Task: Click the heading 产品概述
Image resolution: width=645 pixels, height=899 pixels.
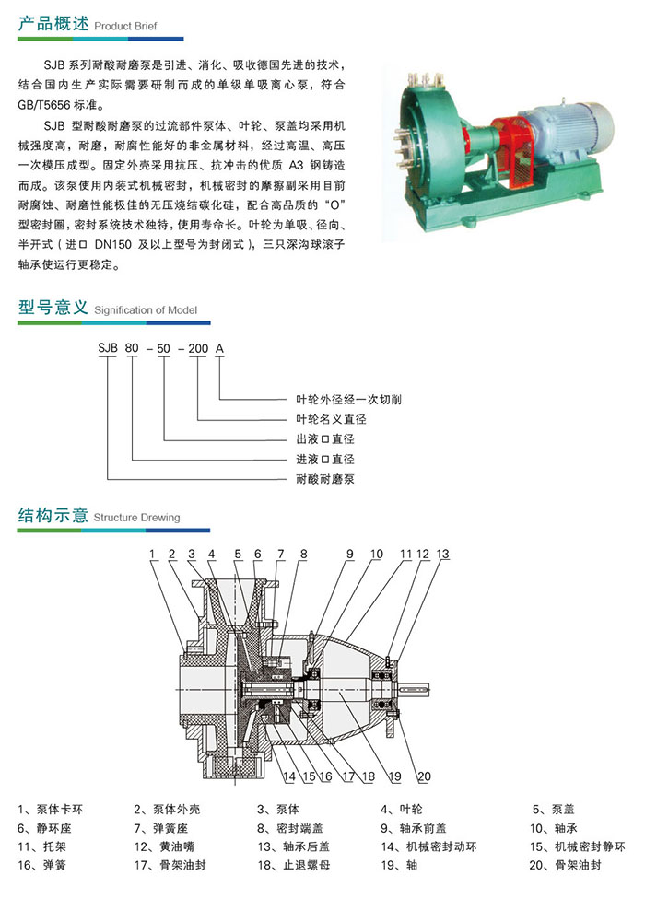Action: pyautogui.click(x=53, y=25)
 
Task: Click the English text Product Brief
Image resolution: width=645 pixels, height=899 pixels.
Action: pyautogui.click(x=126, y=27)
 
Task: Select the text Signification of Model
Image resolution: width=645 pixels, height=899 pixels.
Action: pyautogui.click(x=146, y=310)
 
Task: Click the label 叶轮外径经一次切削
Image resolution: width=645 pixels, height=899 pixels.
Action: pyautogui.click(x=348, y=399)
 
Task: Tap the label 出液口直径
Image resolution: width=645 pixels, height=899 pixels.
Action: pyautogui.click(x=325, y=438)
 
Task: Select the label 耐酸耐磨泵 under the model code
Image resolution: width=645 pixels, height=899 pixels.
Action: pyautogui.click(x=325, y=479)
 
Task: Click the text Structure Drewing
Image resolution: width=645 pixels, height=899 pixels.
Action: pyautogui.click(x=136, y=518)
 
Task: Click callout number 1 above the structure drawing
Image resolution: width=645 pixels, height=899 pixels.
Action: pyautogui.click(x=151, y=554)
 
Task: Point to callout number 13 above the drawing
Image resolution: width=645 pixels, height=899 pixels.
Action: pyautogui.click(x=443, y=554)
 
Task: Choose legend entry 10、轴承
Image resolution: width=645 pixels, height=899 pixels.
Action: pyautogui.click(x=553, y=828)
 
